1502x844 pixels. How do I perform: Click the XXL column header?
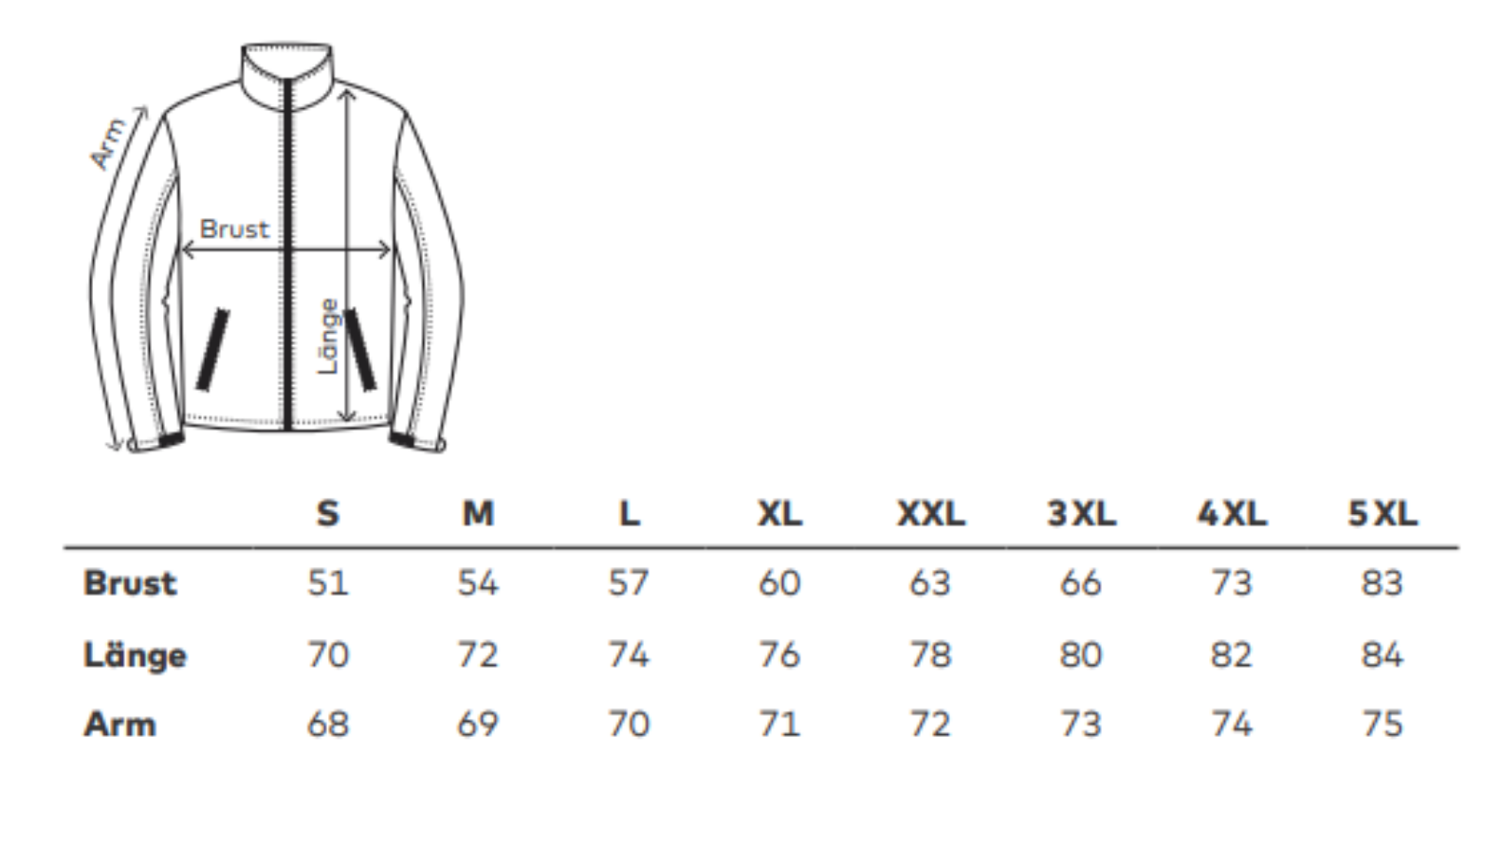click(x=931, y=514)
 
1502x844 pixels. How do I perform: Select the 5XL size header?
click(x=1383, y=514)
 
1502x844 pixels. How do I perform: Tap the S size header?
click(x=328, y=514)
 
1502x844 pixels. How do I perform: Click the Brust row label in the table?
click(x=130, y=583)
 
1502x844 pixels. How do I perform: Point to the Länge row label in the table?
click(x=135, y=654)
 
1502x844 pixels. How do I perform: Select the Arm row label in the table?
click(x=120, y=725)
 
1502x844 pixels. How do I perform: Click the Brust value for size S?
click(x=328, y=583)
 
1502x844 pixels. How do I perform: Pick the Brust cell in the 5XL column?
click(x=1382, y=583)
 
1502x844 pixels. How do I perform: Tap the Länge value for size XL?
click(x=779, y=654)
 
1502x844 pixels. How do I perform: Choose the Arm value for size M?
click(x=477, y=725)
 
